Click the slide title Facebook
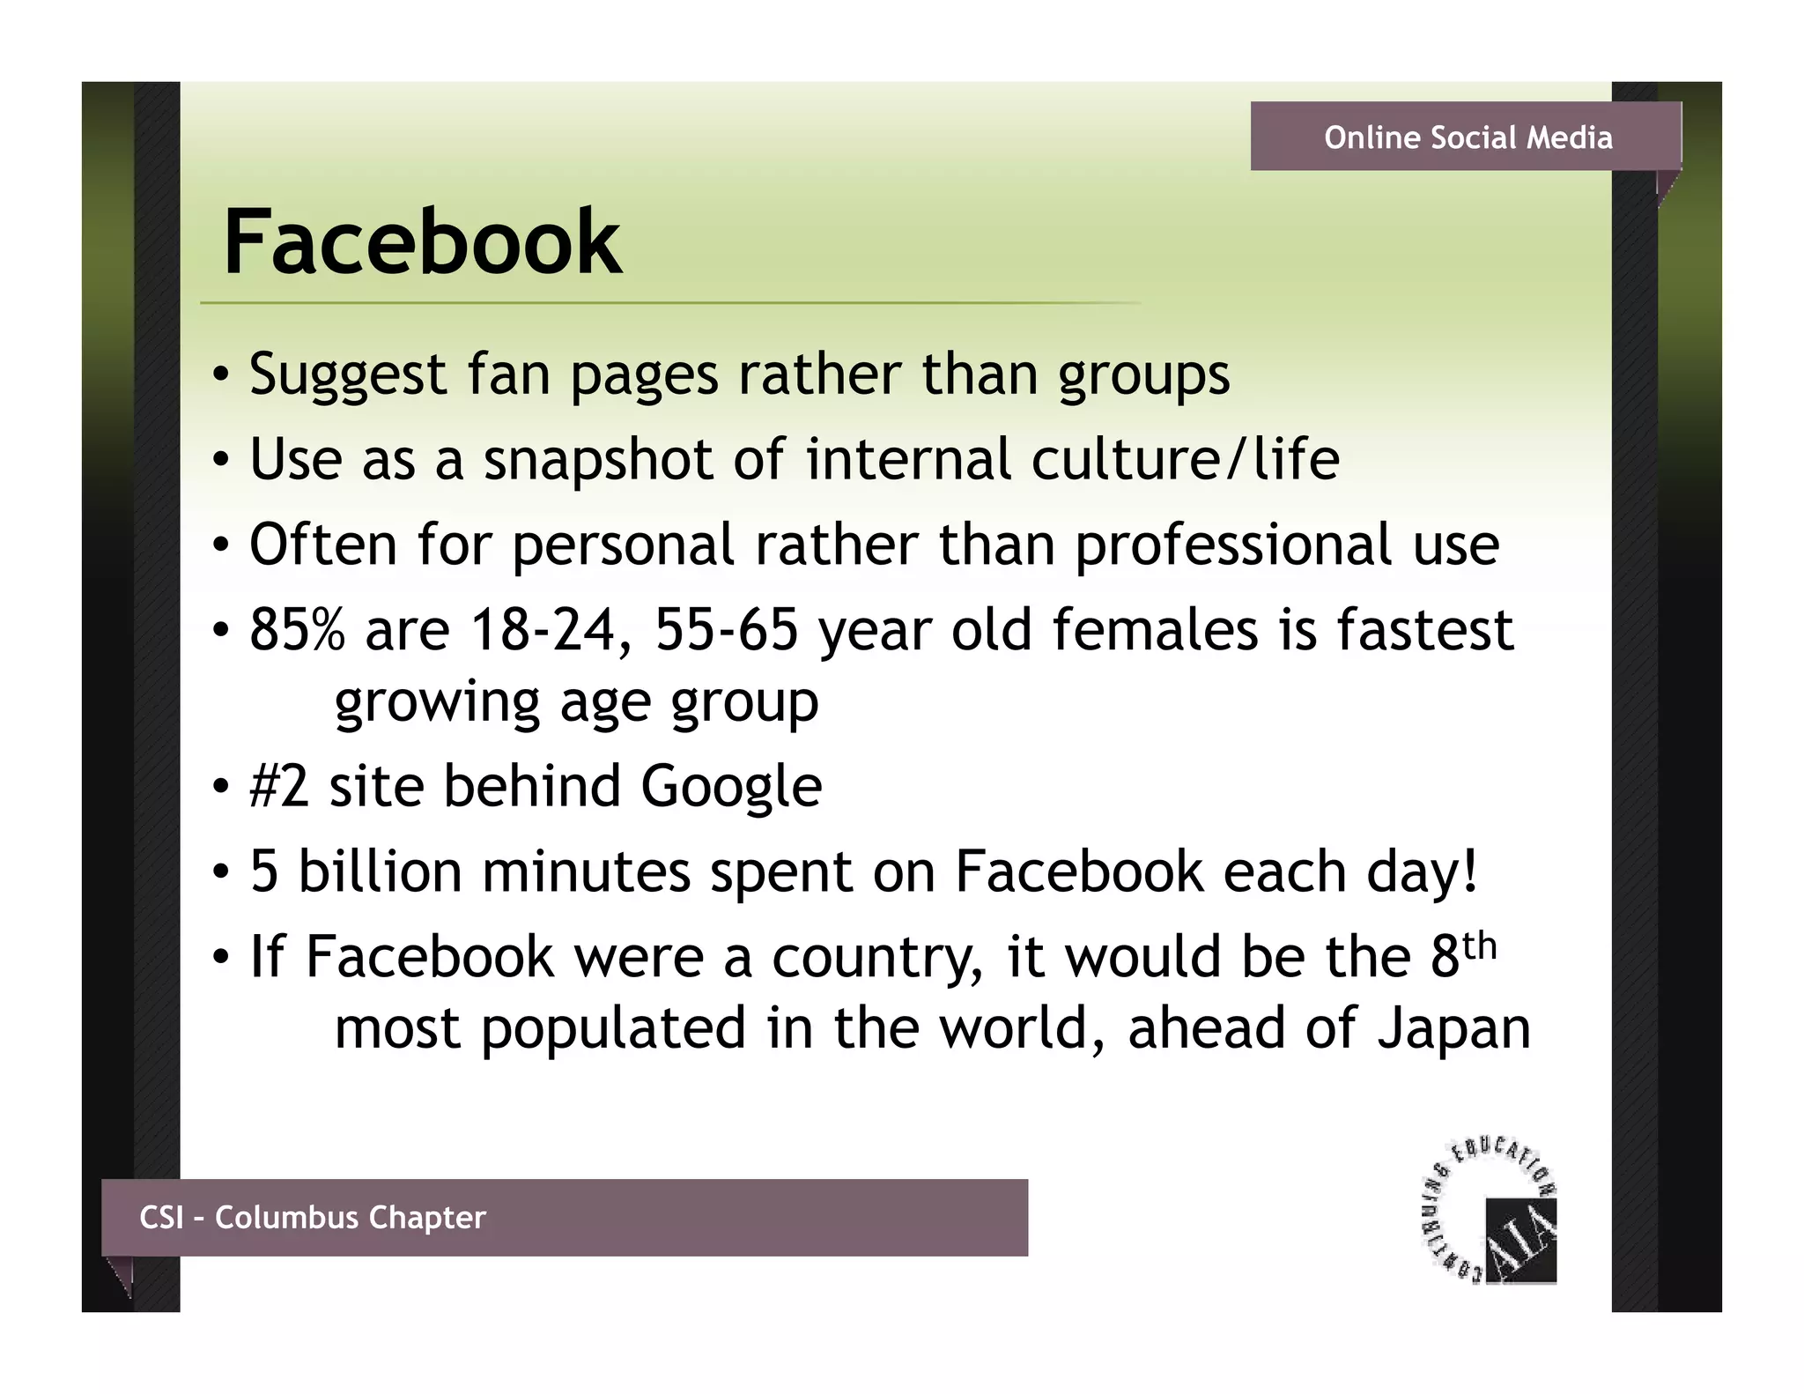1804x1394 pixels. coord(422,241)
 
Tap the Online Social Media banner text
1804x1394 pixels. coord(1468,137)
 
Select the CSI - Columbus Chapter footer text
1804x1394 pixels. coord(313,1217)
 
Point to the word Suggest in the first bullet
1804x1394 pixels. coord(348,375)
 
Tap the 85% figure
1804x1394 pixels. coord(297,630)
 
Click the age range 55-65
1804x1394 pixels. coord(727,630)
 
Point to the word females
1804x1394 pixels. coord(1155,630)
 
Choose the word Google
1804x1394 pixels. coord(731,786)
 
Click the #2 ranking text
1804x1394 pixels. coord(279,786)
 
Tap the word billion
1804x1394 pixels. coord(380,871)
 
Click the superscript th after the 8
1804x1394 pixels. coord(1480,945)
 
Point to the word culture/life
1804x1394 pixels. coord(1185,460)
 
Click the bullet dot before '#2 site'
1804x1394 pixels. coord(221,787)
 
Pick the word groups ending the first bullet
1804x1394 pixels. coord(1143,375)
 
